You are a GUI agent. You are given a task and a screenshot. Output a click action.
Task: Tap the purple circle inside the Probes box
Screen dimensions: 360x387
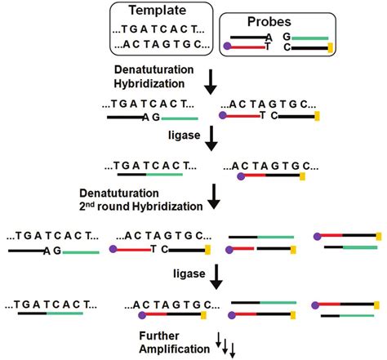[226, 49]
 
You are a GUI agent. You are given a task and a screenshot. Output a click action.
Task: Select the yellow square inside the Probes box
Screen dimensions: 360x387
[331, 49]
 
